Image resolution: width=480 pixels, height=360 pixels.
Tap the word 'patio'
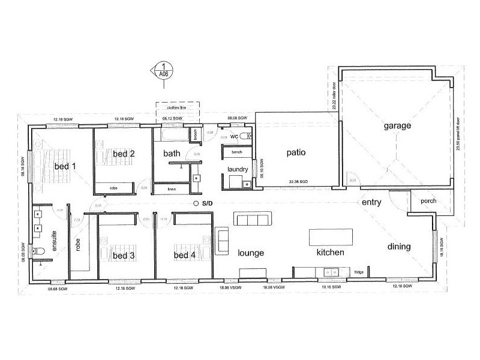(295, 153)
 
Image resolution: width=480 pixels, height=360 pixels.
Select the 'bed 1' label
(65, 166)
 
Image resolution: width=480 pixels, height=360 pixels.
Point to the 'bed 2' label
(123, 154)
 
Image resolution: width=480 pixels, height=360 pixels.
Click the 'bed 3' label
(124, 256)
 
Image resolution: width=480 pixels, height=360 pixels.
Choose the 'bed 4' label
(184, 256)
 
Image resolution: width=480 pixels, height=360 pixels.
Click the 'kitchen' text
(330, 253)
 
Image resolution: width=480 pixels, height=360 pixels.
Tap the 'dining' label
(398, 247)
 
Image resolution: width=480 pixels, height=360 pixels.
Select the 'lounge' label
(251, 253)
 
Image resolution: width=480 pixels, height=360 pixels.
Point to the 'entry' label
(371, 203)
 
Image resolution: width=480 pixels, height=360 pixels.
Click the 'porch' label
(428, 201)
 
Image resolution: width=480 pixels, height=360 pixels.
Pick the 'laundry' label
(238, 170)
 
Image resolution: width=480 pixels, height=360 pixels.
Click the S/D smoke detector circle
(196, 204)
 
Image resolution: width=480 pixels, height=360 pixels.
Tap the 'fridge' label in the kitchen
(358, 272)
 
